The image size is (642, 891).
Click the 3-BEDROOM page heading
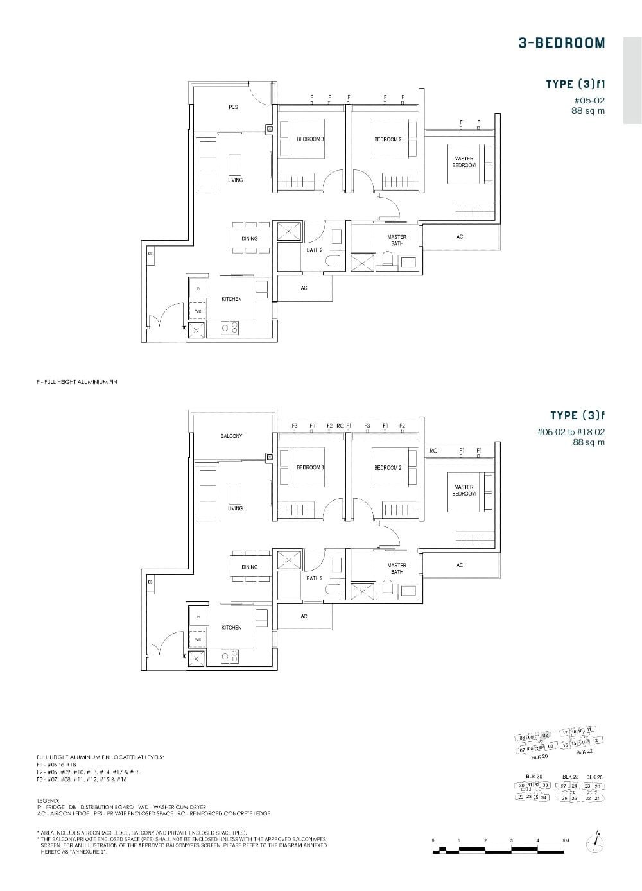coord(561,43)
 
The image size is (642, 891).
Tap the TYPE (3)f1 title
coord(575,84)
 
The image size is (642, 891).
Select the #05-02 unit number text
coord(589,100)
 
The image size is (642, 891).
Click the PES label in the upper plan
coord(233,107)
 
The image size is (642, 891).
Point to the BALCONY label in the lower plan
coord(231,436)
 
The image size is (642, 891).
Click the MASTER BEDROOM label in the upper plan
coord(464,162)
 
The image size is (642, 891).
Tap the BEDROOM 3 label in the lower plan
coord(310,467)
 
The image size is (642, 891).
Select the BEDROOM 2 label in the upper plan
coord(388,139)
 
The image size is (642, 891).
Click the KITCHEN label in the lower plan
coord(231,627)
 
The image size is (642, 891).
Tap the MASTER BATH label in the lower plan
coord(397,568)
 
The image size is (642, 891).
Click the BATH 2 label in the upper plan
coord(314,250)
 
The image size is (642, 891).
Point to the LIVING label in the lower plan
coord(235,508)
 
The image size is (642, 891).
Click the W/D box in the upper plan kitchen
coord(198,311)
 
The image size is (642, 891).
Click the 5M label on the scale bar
coord(565,840)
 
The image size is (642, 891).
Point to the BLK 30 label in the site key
coord(534,776)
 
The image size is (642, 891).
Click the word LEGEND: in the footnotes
coord(48,801)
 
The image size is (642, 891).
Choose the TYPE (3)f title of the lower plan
coord(577,416)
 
